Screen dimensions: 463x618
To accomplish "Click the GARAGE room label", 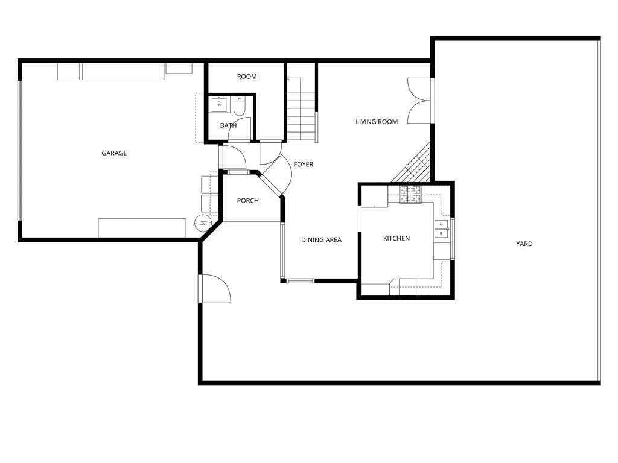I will pyautogui.click(x=114, y=153).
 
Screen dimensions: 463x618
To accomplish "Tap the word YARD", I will pyautogui.click(x=524, y=244).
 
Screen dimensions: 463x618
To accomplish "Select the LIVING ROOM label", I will pyautogui.click(x=377, y=122).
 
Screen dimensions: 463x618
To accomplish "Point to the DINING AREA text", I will pyautogui.click(x=321, y=240).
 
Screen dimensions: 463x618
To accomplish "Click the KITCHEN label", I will pyautogui.click(x=397, y=239).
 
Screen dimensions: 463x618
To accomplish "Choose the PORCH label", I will pyautogui.click(x=247, y=201).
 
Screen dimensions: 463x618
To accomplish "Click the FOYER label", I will pyautogui.click(x=303, y=165).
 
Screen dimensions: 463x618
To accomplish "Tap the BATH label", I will pyautogui.click(x=228, y=126).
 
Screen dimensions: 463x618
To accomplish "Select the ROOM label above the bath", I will pyautogui.click(x=247, y=77).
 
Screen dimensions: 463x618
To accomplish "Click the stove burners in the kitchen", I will pyautogui.click(x=410, y=195).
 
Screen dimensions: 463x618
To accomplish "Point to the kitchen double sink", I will pyautogui.click(x=442, y=230).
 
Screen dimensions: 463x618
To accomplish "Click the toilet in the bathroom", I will pyautogui.click(x=240, y=107).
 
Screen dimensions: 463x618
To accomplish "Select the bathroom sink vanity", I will pyautogui.click(x=219, y=105).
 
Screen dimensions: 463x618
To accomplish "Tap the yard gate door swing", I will pyautogui.click(x=215, y=289).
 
